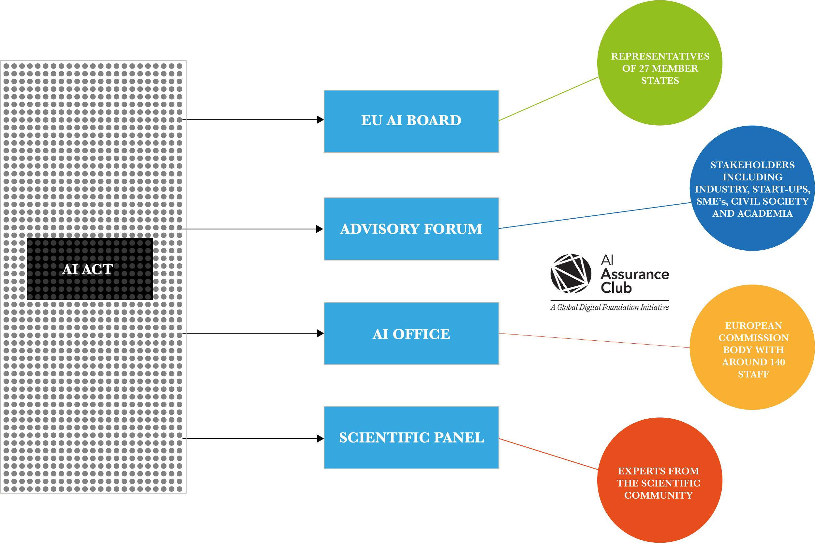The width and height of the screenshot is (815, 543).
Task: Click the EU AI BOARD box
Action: [411, 121]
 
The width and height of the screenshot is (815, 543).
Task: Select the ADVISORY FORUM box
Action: [411, 229]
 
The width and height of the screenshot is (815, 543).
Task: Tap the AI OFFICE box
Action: [411, 333]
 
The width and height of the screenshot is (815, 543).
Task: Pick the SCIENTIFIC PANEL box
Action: [411, 438]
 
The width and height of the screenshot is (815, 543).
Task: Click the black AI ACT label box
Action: [90, 269]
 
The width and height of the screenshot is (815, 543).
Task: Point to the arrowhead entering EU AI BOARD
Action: [320, 120]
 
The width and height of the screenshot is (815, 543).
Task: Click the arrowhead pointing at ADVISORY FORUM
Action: [319, 229]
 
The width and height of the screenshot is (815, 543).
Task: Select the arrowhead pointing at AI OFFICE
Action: [320, 333]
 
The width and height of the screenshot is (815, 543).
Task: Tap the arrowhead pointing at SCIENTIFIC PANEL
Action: [320, 439]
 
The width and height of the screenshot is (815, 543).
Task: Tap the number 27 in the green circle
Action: [644, 69]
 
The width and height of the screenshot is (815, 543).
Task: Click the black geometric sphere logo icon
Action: [571, 273]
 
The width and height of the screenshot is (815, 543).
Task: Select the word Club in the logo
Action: [616, 288]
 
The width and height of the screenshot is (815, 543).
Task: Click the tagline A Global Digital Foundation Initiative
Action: [610, 307]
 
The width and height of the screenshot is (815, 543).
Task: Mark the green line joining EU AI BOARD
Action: [549, 99]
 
